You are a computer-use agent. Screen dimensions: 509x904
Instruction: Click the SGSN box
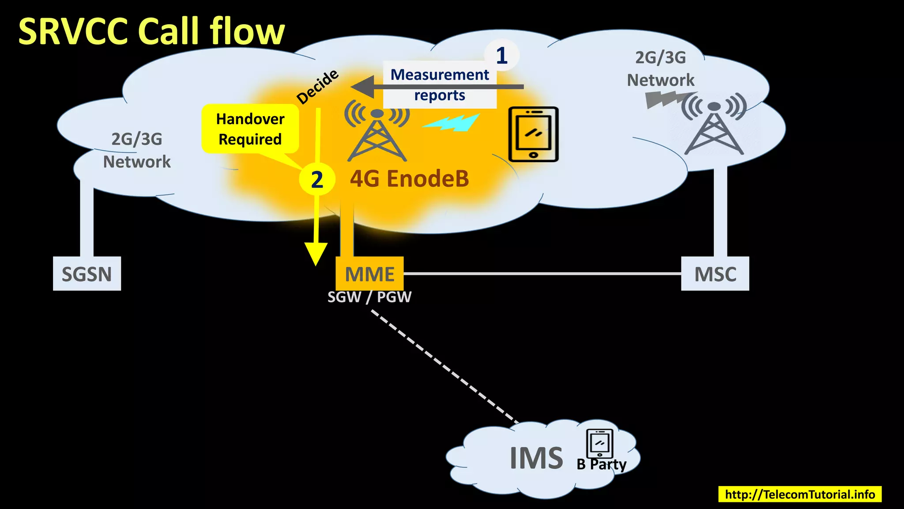(87, 274)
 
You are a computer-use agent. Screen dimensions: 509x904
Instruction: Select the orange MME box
(369, 274)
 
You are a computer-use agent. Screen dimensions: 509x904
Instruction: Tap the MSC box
(715, 274)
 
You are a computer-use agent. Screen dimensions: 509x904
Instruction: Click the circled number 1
(501, 56)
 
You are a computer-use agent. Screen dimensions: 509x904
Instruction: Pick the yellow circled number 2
(317, 179)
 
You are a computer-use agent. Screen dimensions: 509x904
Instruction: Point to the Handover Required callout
(250, 129)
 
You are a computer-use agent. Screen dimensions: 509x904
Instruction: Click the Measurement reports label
(440, 84)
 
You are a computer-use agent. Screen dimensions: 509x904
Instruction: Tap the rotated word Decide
(317, 87)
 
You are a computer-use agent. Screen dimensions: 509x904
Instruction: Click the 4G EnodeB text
(409, 179)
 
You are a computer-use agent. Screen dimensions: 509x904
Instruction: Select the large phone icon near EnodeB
(533, 134)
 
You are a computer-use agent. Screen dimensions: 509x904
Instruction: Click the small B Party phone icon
(599, 443)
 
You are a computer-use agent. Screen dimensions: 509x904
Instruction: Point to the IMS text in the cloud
(536, 458)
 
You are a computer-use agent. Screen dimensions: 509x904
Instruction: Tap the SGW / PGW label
(369, 297)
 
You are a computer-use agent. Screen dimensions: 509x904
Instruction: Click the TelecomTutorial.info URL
(800, 494)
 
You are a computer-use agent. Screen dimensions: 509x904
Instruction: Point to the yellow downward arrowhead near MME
(316, 254)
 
